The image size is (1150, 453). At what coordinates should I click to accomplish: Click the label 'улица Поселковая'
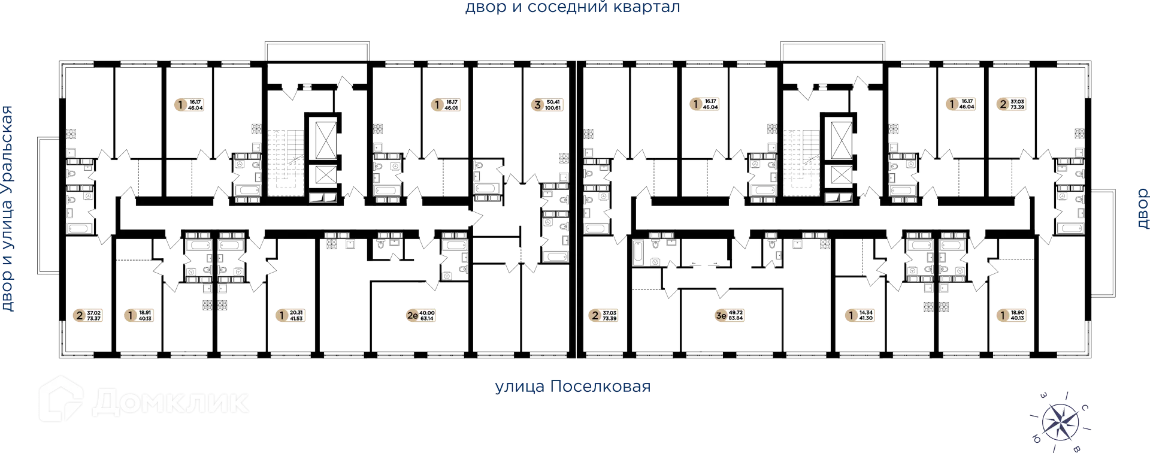coord(572,386)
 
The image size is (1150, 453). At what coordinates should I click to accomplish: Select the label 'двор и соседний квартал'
coord(572,8)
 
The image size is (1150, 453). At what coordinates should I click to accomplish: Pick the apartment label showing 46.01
coord(445,105)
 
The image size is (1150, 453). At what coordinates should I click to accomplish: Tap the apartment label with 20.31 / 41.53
coord(290,315)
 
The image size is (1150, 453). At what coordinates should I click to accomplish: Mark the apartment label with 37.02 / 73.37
coord(88,315)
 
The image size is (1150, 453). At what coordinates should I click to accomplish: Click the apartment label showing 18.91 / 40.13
coord(140,315)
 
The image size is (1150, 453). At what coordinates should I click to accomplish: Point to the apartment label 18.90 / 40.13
coord(1010,315)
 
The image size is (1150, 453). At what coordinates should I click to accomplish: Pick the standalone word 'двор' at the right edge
coord(1142,208)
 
